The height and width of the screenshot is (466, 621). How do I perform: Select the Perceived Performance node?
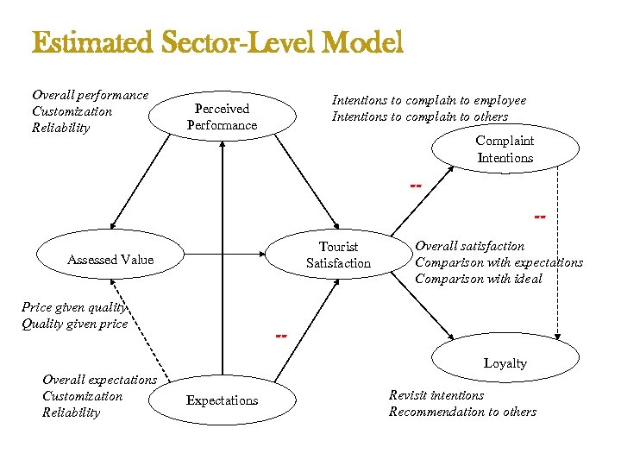pyautogui.click(x=222, y=117)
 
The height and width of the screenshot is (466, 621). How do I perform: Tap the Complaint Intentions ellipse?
pyautogui.click(x=505, y=149)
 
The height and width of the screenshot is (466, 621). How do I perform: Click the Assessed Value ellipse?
pyautogui.click(x=110, y=260)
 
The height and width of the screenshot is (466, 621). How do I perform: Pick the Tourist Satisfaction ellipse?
pyautogui.click(x=338, y=255)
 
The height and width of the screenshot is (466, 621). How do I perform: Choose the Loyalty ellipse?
pyautogui.click(x=505, y=363)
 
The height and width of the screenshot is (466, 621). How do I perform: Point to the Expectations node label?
pyautogui.click(x=222, y=400)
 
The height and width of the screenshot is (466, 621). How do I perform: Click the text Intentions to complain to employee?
pyautogui.click(x=429, y=100)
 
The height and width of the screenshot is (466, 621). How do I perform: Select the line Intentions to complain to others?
pyautogui.click(x=420, y=116)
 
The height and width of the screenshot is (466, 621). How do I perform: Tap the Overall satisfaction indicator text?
pyautogui.click(x=469, y=246)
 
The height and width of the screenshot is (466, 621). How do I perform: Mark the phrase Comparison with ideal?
pyautogui.click(x=479, y=279)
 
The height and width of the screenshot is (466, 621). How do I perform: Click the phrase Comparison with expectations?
pyautogui.click(x=499, y=262)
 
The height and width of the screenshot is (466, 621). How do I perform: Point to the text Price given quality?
pyautogui.click(x=74, y=307)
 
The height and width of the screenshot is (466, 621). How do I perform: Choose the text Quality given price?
pyautogui.click(x=74, y=324)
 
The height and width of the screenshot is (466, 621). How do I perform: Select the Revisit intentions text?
pyautogui.click(x=436, y=395)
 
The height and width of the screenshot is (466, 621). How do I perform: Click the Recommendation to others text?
pyautogui.click(x=462, y=412)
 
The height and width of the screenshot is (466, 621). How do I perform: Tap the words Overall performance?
pyautogui.click(x=90, y=95)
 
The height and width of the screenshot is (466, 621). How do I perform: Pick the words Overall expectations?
pyautogui.click(x=99, y=380)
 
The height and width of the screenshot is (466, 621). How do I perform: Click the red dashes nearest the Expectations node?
pyautogui.click(x=281, y=335)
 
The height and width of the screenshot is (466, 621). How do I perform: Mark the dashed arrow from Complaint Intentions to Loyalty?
pyautogui.click(x=559, y=259)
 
